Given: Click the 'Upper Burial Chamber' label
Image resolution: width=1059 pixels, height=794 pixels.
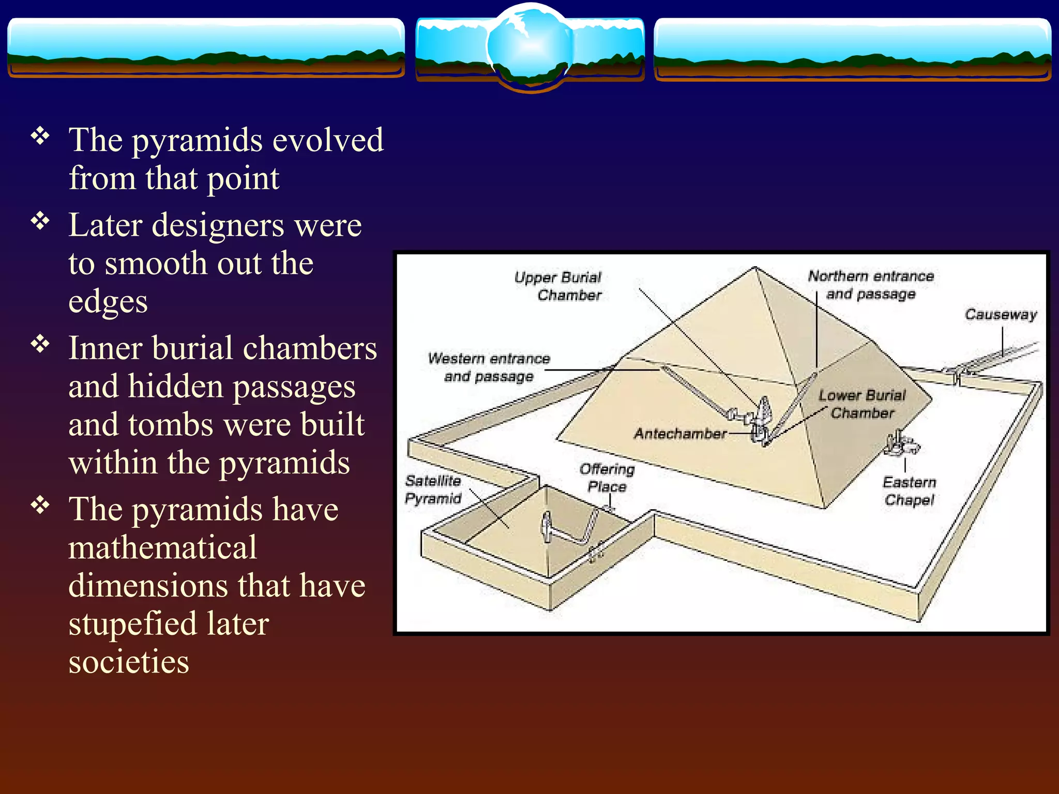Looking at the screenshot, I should tap(558, 286).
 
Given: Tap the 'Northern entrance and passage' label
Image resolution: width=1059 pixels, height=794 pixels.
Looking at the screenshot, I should tap(871, 285).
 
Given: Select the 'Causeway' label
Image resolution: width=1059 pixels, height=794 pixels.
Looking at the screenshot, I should tap(1001, 314).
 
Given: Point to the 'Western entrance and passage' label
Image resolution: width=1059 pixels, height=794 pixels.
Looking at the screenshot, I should tap(489, 368).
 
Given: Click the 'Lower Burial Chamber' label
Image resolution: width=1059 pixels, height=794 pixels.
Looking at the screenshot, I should tap(862, 404).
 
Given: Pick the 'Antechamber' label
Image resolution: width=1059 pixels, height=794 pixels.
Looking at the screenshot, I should tap(680, 433).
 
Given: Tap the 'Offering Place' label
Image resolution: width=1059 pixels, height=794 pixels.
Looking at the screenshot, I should tap(607, 478).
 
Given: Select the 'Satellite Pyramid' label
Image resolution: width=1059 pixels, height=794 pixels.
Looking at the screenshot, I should tap(433, 490).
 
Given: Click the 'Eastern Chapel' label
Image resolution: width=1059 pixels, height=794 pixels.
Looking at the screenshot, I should tap(910, 491).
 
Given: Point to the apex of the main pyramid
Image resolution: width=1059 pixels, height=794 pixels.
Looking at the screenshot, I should tap(755, 268).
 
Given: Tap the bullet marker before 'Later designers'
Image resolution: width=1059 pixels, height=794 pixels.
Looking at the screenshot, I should tap(40, 221).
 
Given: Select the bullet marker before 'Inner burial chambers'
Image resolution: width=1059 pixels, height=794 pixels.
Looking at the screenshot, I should tap(40, 344).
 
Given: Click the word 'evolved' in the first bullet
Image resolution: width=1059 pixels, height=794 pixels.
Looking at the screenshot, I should tap(328, 140).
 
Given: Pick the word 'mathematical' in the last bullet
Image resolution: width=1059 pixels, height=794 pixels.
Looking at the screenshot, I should tap(162, 547).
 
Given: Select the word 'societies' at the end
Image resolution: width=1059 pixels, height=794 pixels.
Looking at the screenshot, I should tap(129, 662).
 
